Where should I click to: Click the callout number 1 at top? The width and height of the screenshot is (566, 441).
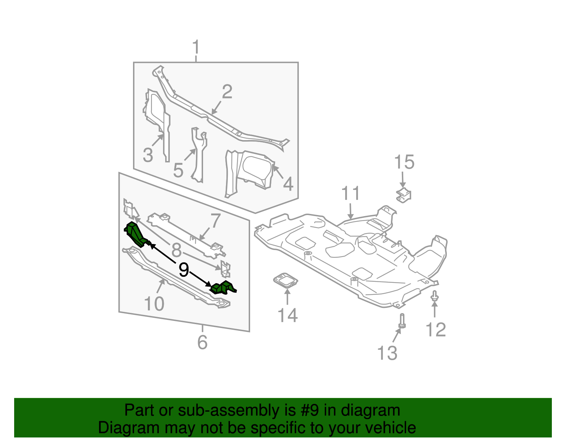(x=196, y=48)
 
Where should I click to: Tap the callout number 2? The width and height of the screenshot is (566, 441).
(x=227, y=92)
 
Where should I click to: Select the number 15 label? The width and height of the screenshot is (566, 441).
(x=404, y=162)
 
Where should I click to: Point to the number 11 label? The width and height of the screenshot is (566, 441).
(x=351, y=194)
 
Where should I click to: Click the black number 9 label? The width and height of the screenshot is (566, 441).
(x=184, y=270)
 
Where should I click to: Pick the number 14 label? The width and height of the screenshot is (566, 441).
(x=287, y=315)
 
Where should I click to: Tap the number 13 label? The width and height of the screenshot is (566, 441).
(x=387, y=353)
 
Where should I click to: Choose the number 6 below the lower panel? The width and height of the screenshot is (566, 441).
(x=202, y=342)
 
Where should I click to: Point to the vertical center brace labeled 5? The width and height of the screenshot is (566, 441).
(x=198, y=155)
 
